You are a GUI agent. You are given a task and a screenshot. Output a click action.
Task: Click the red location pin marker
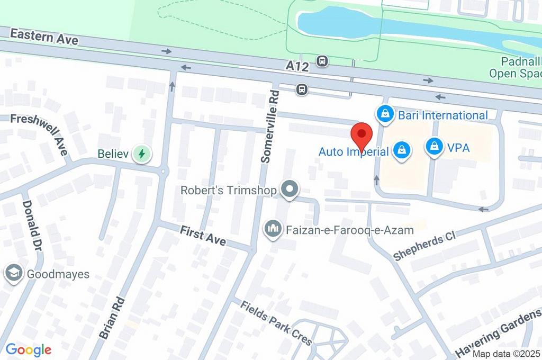[x=362, y=136]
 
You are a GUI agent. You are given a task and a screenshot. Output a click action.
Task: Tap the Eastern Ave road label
[x=44, y=37]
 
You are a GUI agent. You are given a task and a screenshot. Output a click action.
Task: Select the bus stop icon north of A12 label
[x=322, y=61]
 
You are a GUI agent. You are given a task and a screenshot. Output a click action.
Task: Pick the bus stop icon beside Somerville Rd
[x=302, y=89]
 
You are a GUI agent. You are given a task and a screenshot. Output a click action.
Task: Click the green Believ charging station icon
[x=141, y=154]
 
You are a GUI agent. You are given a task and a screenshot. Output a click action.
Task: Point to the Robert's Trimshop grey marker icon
[x=290, y=190]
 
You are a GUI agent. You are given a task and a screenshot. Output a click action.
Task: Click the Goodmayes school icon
[x=13, y=274]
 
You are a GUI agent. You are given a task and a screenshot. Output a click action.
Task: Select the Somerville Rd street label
[x=270, y=125]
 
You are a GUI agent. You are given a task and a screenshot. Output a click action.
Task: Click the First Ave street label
[x=203, y=236]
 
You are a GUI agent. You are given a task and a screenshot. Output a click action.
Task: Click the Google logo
[x=29, y=349]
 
